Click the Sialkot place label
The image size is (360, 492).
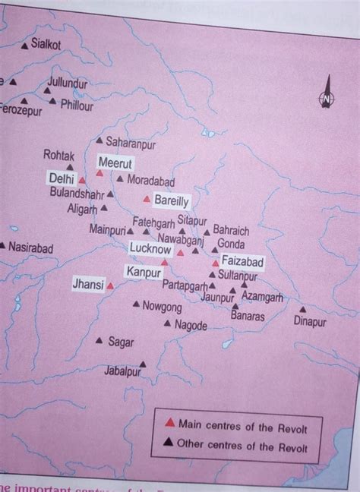(46, 46)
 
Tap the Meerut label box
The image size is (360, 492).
(115, 163)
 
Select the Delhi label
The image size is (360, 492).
(62, 178)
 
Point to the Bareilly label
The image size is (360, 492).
(171, 200)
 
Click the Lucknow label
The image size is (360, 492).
(150, 248)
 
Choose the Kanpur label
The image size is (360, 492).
(143, 271)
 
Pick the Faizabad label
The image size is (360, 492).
(242, 262)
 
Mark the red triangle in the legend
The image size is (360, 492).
(170, 422)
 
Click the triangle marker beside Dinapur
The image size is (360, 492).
(302, 309)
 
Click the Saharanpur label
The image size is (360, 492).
(130, 142)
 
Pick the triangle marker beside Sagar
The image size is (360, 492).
(99, 342)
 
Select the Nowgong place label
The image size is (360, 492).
(163, 307)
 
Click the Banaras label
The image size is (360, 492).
(248, 316)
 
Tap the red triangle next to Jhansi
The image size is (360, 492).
(110, 286)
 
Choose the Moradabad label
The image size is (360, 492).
(150, 181)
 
